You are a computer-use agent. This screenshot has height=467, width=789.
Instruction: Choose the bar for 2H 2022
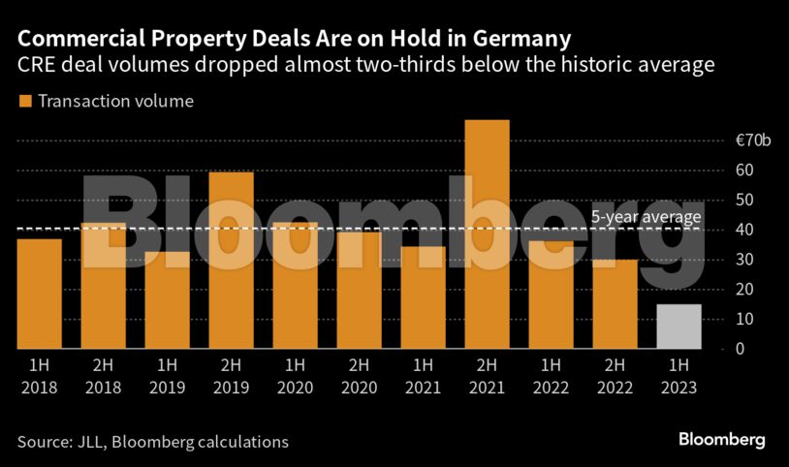[x=614, y=304]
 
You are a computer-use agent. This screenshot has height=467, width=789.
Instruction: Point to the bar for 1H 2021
[x=423, y=297]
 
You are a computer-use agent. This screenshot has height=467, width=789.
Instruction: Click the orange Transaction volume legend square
[x=24, y=101]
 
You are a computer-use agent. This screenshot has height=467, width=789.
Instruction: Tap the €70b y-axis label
[x=752, y=141]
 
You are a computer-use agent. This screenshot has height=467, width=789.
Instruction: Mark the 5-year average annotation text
[x=646, y=216]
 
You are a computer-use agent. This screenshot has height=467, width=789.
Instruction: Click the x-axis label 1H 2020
[x=295, y=376]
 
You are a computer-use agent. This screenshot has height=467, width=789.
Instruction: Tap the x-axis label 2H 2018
[x=103, y=376]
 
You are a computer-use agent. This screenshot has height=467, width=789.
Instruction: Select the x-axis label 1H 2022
[x=550, y=376]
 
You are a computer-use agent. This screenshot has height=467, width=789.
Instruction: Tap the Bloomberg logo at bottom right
[x=721, y=441]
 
